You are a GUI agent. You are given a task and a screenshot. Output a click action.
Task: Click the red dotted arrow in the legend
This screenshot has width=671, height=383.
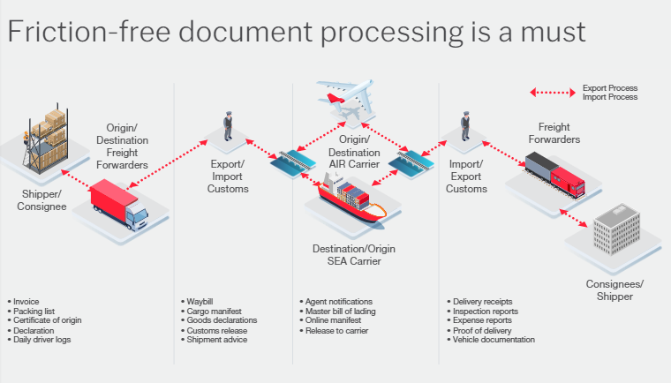tap(551, 92)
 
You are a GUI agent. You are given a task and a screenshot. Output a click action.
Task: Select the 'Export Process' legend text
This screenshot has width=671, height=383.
tap(609, 88)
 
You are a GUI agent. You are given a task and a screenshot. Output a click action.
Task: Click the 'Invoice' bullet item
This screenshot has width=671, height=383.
tap(27, 302)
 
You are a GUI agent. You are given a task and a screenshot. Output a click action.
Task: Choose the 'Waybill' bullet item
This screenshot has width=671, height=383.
tap(200, 302)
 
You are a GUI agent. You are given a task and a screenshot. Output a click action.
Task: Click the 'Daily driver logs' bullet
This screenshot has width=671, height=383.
tap(41, 341)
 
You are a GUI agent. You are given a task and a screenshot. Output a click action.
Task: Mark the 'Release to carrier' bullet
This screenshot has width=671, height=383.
tap(336, 331)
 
